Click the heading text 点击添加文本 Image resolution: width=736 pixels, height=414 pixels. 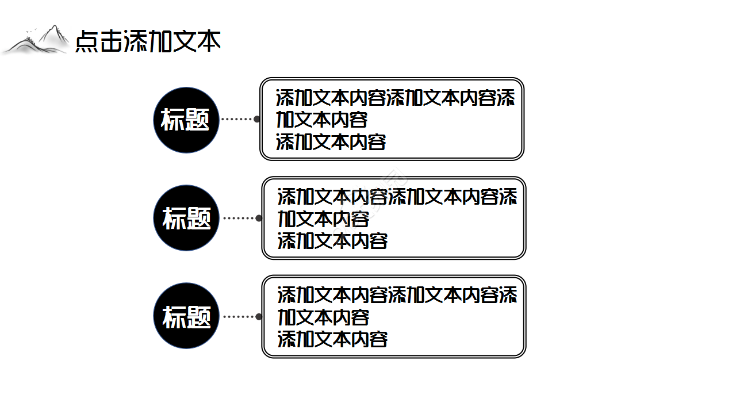click(x=148, y=41)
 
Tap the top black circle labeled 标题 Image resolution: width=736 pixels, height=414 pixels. click(x=186, y=120)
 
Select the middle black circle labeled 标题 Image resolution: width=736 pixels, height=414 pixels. click(x=186, y=218)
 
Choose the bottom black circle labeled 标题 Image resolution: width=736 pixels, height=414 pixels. click(x=186, y=316)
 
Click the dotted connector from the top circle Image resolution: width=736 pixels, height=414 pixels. click(x=237, y=119)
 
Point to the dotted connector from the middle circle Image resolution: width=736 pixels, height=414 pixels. click(x=239, y=218)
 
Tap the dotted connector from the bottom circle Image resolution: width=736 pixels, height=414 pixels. click(x=239, y=316)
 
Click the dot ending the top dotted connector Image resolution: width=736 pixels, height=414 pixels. click(x=256, y=119)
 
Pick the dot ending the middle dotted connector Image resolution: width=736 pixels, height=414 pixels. click(x=259, y=218)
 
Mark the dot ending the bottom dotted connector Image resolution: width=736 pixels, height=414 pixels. click(x=259, y=316)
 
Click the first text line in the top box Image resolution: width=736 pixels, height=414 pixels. click(x=395, y=98)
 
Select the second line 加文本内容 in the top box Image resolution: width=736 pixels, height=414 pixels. click(x=321, y=120)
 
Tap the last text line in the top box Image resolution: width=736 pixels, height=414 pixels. click(x=331, y=141)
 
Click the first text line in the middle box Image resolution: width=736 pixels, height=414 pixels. click(x=397, y=197)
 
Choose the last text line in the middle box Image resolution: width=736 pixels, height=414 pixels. click(x=332, y=240)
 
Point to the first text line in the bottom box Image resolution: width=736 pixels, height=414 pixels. click(x=397, y=295)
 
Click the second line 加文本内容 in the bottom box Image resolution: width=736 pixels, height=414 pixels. click(x=323, y=317)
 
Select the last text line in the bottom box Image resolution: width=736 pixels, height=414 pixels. click(x=332, y=339)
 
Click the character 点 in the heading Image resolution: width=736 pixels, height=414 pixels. click(x=86, y=41)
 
